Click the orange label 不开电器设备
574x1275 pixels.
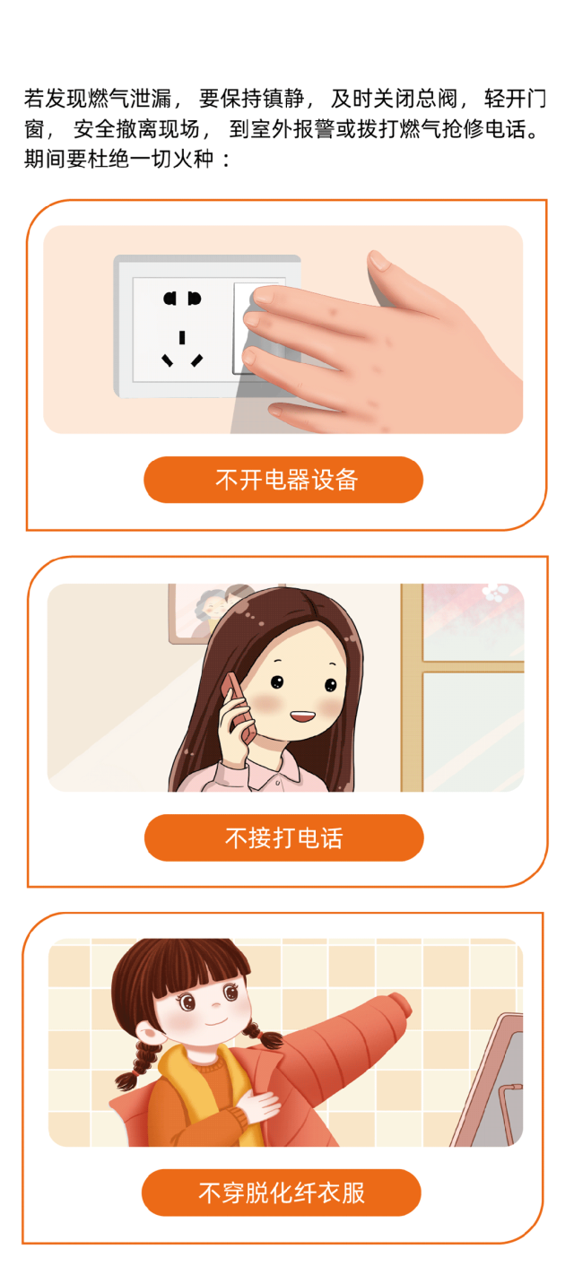click(x=283, y=480)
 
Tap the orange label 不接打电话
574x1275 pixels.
click(x=283, y=838)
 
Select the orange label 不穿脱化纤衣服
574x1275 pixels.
click(x=282, y=1193)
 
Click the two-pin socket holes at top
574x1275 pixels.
click(x=182, y=299)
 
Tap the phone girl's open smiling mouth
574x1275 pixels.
click(x=302, y=716)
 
